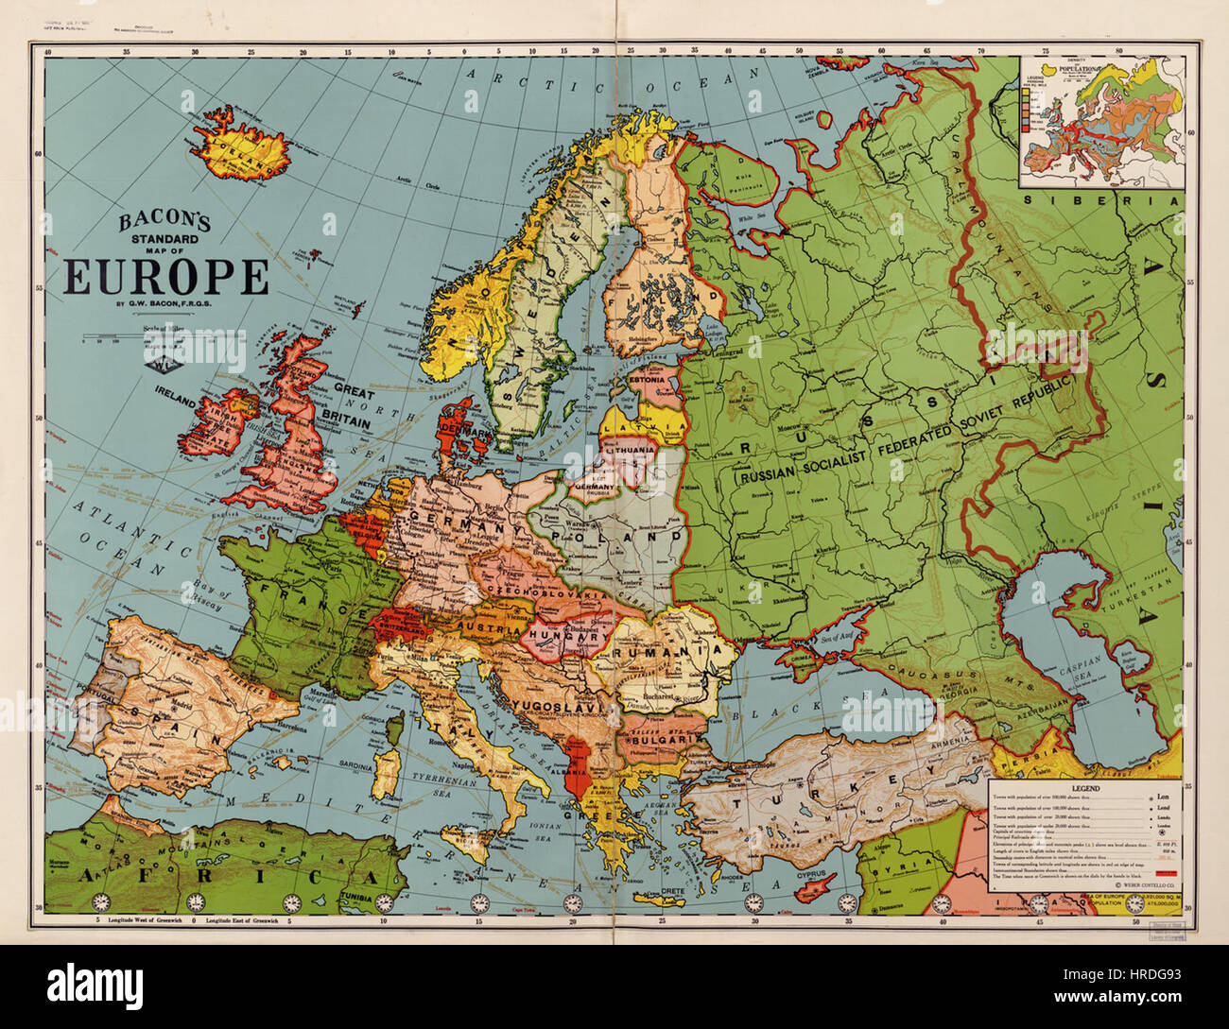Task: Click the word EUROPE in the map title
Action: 166,278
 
